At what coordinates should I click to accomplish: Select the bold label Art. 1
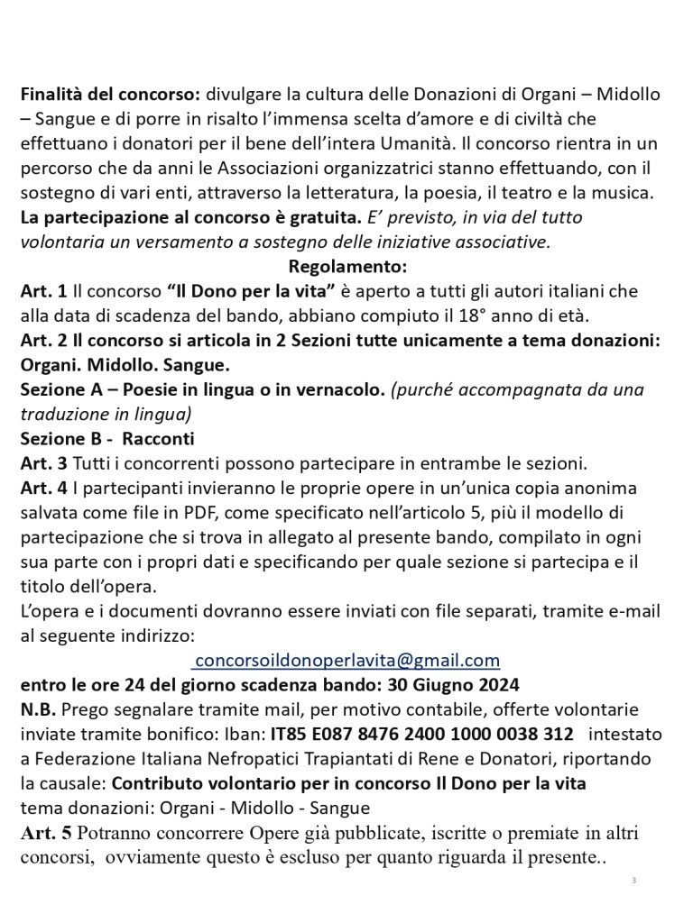pyautogui.click(x=42, y=292)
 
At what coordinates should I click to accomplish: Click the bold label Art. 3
pyautogui.click(x=42, y=464)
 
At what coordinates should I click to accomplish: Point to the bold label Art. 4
pyautogui.click(x=42, y=489)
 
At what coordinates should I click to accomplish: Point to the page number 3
pyautogui.click(x=633, y=879)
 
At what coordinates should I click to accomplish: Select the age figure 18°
pyautogui.click(x=515, y=316)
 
